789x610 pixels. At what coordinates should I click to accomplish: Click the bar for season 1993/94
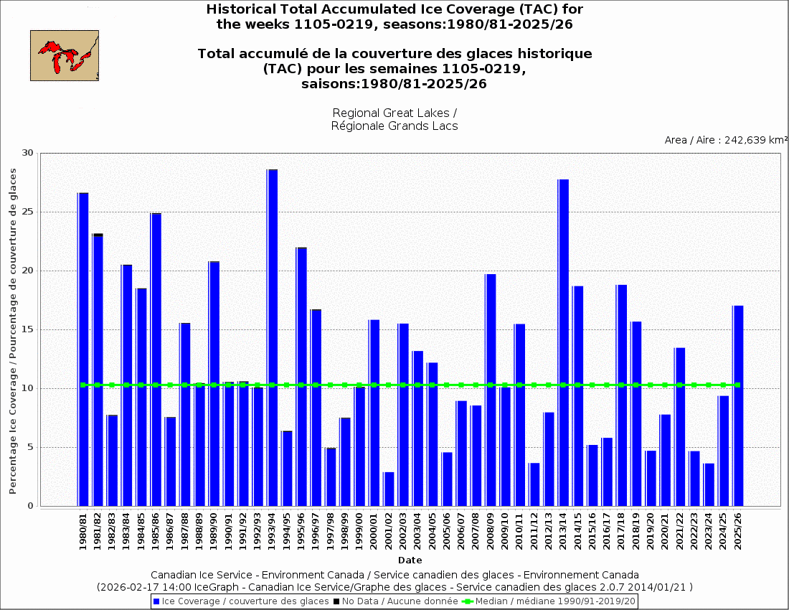click(272, 337)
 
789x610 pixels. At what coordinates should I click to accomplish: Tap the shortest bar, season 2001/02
click(389, 489)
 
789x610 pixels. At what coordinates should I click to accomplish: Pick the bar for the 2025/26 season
click(737, 405)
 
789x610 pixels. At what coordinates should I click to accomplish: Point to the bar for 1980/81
click(83, 349)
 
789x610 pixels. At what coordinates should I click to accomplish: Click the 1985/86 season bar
click(156, 359)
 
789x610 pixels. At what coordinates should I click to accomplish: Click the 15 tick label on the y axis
click(28, 329)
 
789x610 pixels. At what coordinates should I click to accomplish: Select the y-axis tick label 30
click(28, 153)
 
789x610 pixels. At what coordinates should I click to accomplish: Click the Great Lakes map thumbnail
click(65, 55)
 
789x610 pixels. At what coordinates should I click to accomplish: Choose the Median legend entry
click(549, 601)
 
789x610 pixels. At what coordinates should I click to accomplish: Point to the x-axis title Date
click(410, 560)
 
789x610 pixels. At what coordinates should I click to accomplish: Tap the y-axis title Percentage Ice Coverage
click(13, 330)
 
